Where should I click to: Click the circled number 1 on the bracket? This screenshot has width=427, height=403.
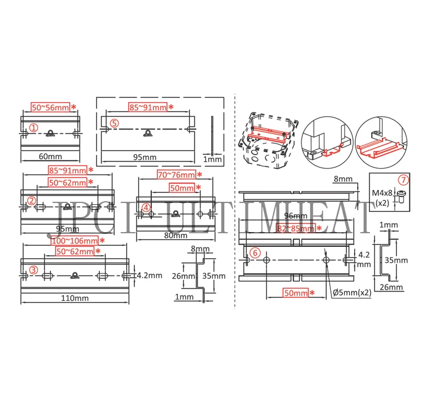[x=34, y=127]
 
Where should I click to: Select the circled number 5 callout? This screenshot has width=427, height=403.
[x=115, y=123]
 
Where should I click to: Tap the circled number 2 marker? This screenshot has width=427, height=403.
[x=32, y=200]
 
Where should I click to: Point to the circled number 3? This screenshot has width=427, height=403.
[x=34, y=269]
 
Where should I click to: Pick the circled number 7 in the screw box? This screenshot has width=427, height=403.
[x=403, y=180]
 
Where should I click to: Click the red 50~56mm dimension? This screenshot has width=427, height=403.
[x=50, y=107]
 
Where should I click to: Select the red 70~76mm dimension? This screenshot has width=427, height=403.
[x=176, y=174]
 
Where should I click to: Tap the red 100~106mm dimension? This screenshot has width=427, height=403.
[x=74, y=240]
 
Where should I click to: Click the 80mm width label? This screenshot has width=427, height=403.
[x=171, y=234]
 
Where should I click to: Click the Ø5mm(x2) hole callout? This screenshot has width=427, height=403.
[x=352, y=293]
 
